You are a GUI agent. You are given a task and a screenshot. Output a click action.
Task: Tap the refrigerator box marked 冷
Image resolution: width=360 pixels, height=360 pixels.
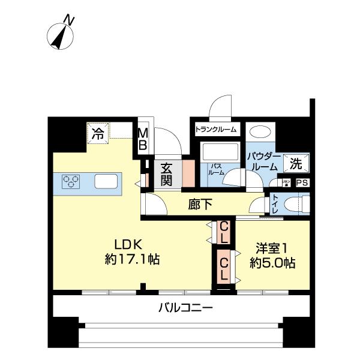point(97,134)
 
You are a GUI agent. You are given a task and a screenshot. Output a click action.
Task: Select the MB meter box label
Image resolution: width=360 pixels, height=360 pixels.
point(144,139)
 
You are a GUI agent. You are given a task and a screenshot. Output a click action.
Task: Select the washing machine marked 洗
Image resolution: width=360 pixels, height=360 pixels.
point(296,163)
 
